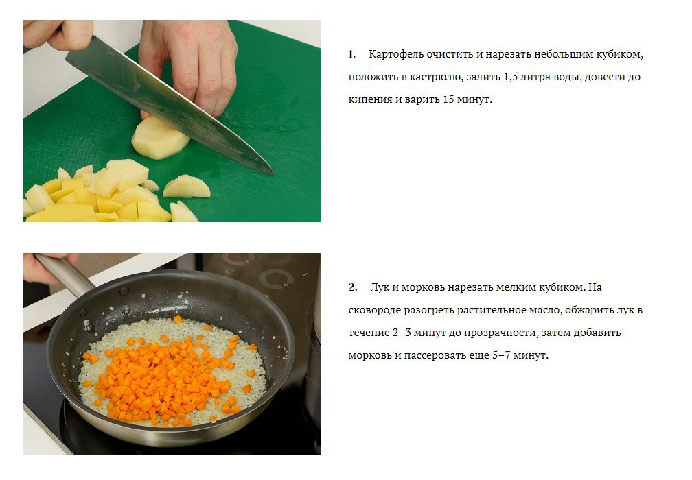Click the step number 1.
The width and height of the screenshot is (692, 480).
(351, 55)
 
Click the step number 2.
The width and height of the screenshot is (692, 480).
(352, 287)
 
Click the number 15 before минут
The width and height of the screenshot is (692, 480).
(448, 99)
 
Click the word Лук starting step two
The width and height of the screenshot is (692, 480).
(380, 288)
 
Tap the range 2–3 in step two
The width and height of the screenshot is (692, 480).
(402, 333)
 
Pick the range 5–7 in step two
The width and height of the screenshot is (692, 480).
(501, 355)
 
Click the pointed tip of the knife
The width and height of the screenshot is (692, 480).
(273, 173)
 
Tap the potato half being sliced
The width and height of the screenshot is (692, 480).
(160, 138)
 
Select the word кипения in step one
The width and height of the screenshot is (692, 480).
(370, 100)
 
